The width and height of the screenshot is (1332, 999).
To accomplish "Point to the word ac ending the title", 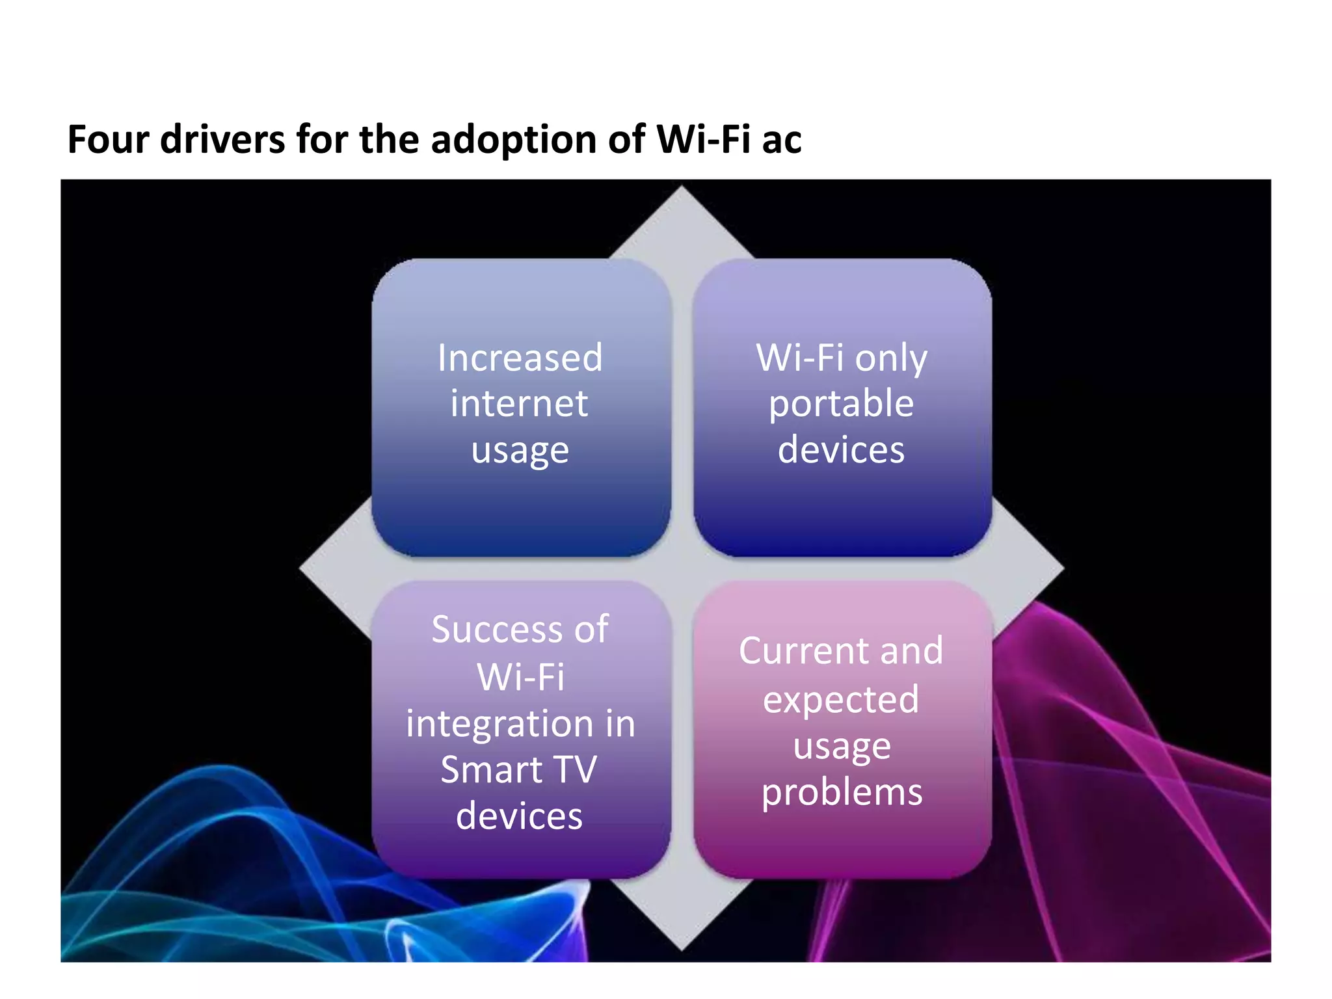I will [781, 140].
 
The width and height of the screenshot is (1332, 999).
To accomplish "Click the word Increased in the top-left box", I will [520, 358].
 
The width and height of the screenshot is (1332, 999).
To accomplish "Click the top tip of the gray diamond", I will [682, 189].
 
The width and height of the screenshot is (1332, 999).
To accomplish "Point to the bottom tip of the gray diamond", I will [682, 948].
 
